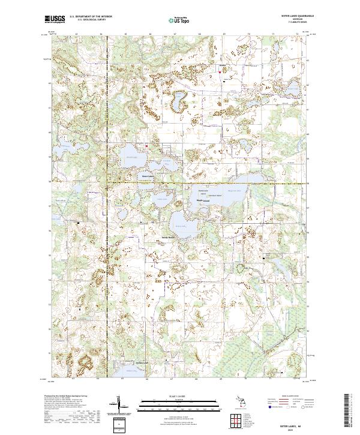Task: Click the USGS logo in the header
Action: tap(55, 19)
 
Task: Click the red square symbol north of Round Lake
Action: tap(146, 145)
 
